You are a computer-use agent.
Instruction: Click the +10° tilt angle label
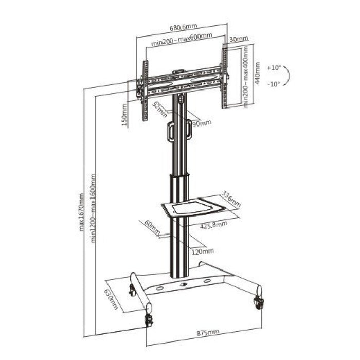click(x=274, y=67)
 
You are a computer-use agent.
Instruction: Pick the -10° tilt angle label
click(x=274, y=84)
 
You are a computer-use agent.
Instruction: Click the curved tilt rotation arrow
click(x=290, y=76)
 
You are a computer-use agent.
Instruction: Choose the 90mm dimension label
click(x=202, y=123)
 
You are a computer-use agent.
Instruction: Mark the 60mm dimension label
click(x=150, y=227)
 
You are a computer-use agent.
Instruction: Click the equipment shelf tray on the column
click(x=191, y=207)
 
